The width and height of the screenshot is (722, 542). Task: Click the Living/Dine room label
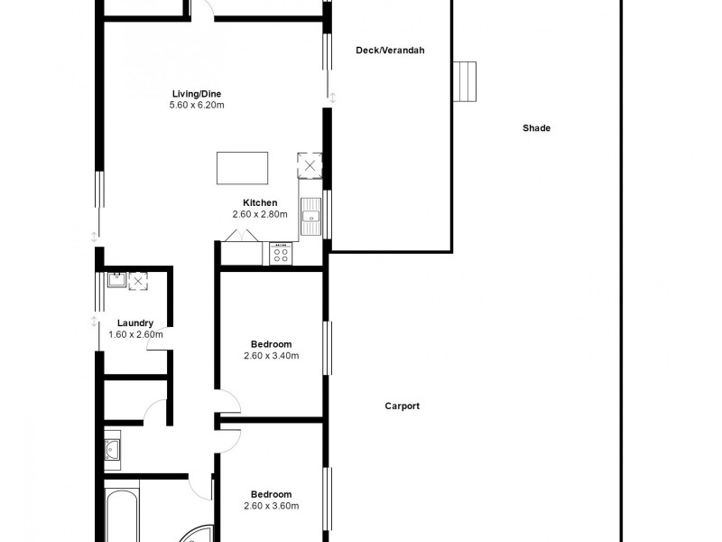pos(197,93)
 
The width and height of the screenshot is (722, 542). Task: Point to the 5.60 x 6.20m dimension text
pos(197,105)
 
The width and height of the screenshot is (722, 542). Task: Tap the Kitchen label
pos(260,202)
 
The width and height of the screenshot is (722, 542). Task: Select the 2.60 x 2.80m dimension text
pos(260,214)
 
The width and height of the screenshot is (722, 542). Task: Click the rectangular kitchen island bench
pos(243,168)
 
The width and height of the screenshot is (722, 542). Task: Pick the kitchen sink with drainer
pos(312,216)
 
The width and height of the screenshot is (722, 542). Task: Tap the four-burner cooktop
pos(281,254)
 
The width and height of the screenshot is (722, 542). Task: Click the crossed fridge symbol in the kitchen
pos(310,165)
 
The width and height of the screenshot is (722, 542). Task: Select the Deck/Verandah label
pos(390,51)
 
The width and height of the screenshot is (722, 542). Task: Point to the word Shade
pos(536,128)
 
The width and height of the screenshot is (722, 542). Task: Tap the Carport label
pos(402,406)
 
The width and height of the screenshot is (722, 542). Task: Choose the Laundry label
pos(135,322)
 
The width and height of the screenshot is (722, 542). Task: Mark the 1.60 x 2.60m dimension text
pos(135,334)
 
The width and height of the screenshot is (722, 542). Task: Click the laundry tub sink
pos(116,279)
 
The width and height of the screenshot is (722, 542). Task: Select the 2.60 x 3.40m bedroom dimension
pos(271,355)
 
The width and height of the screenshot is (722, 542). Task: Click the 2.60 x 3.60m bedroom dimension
pos(271,506)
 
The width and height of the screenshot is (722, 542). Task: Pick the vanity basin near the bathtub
pos(112,448)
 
